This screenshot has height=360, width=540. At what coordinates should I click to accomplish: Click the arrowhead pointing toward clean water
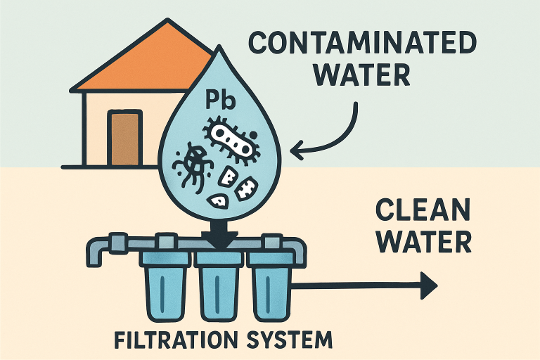tap(427, 285)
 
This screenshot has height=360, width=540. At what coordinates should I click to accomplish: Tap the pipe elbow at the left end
tap(98, 250)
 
